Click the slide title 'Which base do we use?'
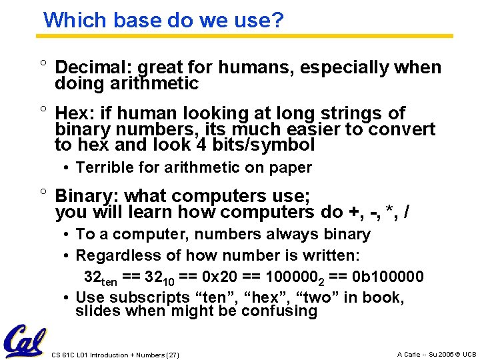163,20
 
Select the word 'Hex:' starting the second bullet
73,113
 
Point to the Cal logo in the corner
25,340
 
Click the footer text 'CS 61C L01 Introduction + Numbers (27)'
115,355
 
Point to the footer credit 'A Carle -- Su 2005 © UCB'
437,355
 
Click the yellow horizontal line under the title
247,36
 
